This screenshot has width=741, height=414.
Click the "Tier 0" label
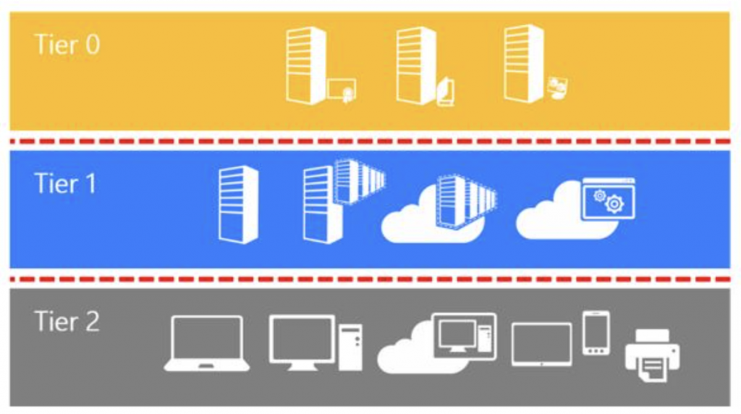coord(67,46)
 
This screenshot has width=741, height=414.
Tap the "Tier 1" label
coord(65,183)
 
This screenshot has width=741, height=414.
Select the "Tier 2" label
coord(67,322)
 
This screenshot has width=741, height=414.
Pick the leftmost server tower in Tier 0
coord(306,65)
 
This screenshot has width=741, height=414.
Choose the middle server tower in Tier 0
coord(416,65)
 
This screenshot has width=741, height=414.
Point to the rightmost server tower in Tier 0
coord(524,64)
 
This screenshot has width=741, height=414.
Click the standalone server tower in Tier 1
coord(238,205)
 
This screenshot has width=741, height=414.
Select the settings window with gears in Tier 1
coord(609,198)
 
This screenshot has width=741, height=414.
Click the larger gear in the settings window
coord(614,204)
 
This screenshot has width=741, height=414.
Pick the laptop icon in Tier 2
coord(207,343)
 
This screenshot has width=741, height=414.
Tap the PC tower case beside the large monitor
coord(351,347)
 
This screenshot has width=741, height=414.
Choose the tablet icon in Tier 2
coord(541,345)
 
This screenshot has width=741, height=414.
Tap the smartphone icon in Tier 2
coord(596,333)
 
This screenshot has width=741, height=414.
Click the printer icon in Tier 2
coord(652,355)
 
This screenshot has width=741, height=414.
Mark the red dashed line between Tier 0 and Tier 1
coord(370,141)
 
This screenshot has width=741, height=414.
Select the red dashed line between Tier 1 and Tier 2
coord(370,279)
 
